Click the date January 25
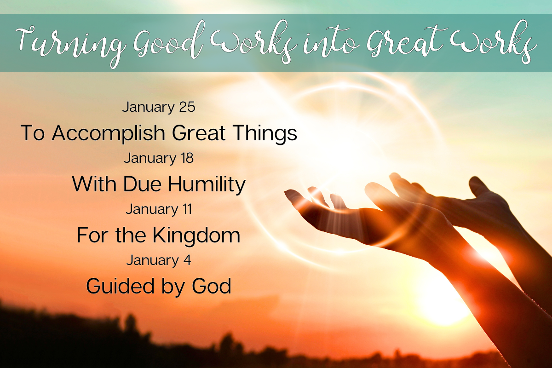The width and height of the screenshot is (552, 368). pyautogui.click(x=159, y=107)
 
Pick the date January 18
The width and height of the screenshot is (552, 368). pyautogui.click(x=159, y=158)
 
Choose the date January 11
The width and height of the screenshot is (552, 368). pyautogui.click(x=159, y=209)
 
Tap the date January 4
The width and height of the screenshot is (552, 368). pyautogui.click(x=159, y=260)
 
